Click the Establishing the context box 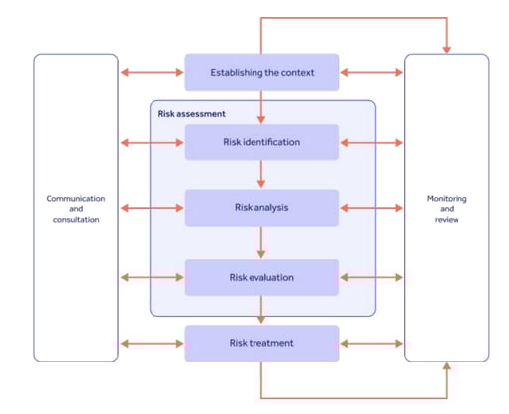coord(261,72)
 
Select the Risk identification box coord(261,142)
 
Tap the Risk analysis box coord(261,208)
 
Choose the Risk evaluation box coord(261,277)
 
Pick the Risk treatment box coord(261,344)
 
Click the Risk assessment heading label coord(191,113)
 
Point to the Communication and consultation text coord(75,208)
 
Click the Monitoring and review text coord(447,208)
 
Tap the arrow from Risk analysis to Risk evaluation coord(261,243)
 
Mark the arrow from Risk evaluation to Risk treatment coord(261,310)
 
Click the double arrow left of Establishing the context coord(152,72)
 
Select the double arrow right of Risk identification coord(371,142)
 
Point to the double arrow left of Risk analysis coord(152,208)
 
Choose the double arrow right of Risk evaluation coord(371,277)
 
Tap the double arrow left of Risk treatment coord(152,344)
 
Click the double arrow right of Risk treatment coord(371,344)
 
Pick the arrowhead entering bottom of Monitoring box coord(447,367)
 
